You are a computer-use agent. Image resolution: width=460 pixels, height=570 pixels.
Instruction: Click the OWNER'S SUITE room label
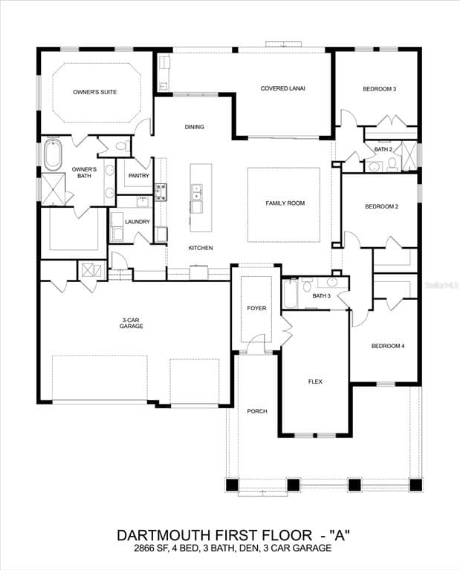tap(94, 92)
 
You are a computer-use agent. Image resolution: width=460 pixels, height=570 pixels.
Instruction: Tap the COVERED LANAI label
tap(282, 88)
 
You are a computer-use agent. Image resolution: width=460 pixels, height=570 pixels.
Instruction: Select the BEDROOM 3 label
tap(379, 89)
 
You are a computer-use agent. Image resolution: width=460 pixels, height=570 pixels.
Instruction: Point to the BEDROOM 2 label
tap(381, 206)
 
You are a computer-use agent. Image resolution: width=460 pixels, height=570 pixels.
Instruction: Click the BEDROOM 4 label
tap(388, 346)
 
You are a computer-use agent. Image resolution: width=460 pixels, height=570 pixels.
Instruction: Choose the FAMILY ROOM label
tap(285, 203)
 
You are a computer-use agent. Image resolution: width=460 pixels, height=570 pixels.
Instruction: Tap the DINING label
tap(194, 127)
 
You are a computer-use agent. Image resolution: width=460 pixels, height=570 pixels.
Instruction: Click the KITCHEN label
tap(201, 247)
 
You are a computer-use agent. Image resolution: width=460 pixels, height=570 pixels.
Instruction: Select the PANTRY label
tap(139, 176)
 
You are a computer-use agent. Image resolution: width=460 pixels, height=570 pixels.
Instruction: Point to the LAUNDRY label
tap(137, 221)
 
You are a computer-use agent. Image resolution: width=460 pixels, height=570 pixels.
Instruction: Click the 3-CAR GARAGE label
tap(132, 322)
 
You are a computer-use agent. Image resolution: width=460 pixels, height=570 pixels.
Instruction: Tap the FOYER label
tap(256, 308)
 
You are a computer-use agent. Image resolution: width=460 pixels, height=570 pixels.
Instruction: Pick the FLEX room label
tap(315, 381)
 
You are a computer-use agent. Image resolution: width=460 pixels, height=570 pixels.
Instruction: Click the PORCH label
tap(257, 411)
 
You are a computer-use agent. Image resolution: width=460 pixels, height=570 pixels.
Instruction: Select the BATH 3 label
tap(321, 296)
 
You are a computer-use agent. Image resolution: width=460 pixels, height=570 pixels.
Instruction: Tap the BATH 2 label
tap(383, 149)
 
